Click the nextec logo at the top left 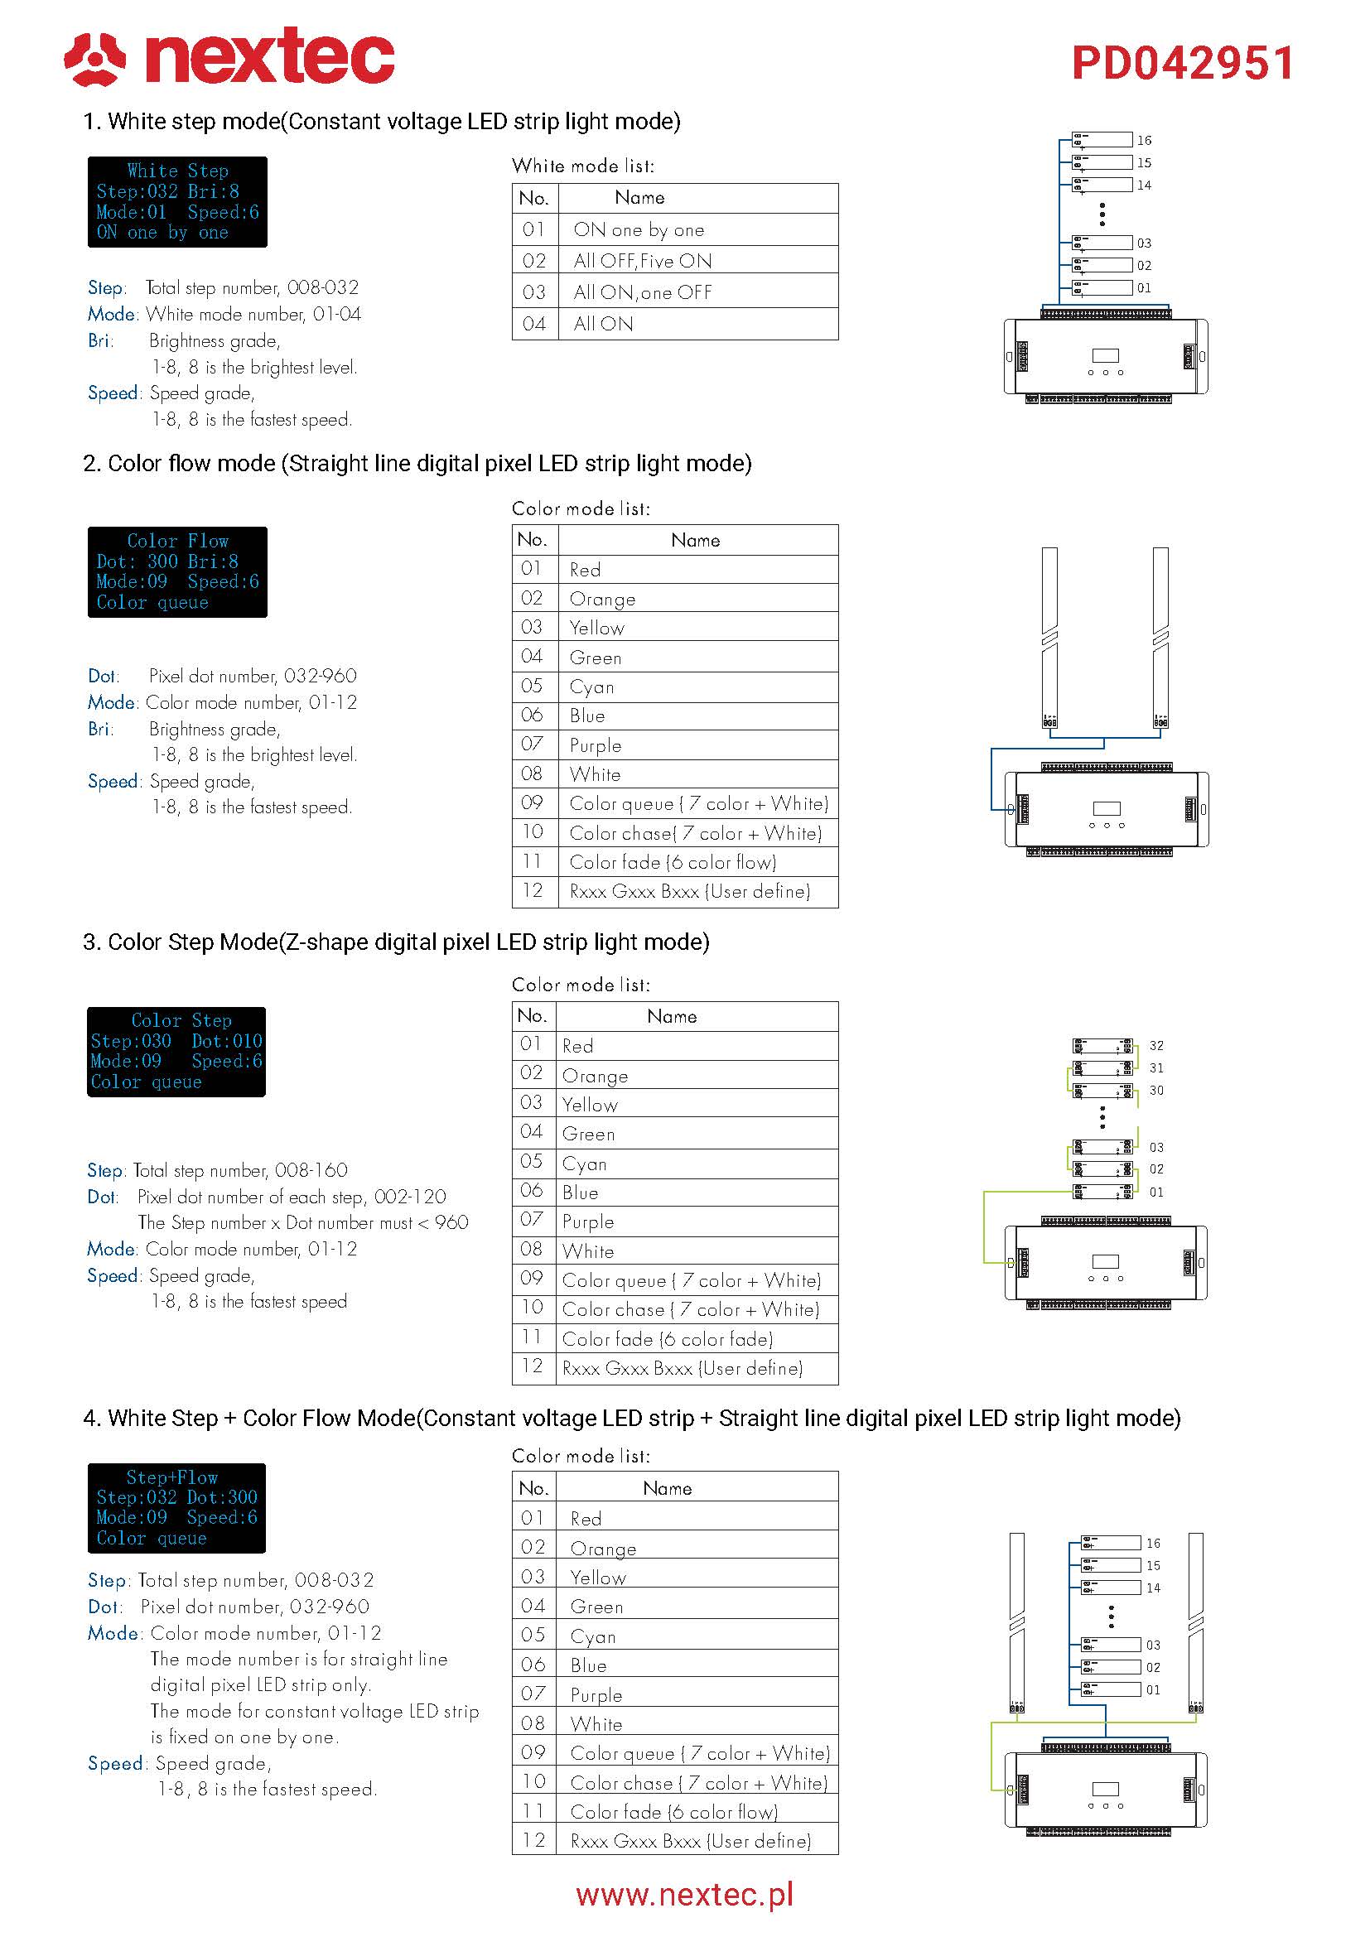[x=229, y=57]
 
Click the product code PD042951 [x=1183, y=63]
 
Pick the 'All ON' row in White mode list [x=603, y=324]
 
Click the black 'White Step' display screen [x=177, y=201]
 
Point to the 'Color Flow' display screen [x=177, y=572]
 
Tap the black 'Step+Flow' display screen [x=176, y=1507]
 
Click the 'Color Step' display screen [x=176, y=1051]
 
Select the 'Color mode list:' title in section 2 [x=581, y=508]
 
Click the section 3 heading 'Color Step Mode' [x=396, y=942]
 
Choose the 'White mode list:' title [x=583, y=166]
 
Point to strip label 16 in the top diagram [x=1144, y=140]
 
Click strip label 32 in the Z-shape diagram [x=1156, y=1045]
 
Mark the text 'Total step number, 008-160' [x=240, y=1170]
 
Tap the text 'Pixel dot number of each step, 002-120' [x=292, y=1197]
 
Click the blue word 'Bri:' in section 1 [x=100, y=341]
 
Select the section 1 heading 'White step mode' [x=381, y=122]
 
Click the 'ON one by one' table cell [x=639, y=229]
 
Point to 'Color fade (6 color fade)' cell [x=668, y=1339]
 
